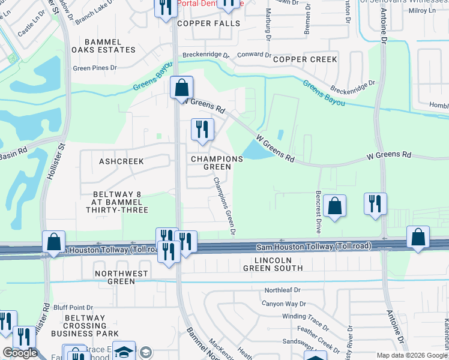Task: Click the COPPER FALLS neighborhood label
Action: [208, 23]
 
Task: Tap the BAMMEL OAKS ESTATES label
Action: [96, 46]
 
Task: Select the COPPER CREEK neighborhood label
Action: [305, 59]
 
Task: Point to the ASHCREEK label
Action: [121, 161]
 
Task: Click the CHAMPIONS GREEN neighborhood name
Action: [217, 163]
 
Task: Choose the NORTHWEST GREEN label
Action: [122, 277]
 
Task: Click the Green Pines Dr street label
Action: [95, 68]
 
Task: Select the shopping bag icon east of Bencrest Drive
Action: [334, 206]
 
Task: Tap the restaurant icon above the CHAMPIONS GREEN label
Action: [202, 130]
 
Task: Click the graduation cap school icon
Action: [124, 352]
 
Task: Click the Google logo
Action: [20, 353]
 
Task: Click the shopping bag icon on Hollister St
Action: [54, 242]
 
